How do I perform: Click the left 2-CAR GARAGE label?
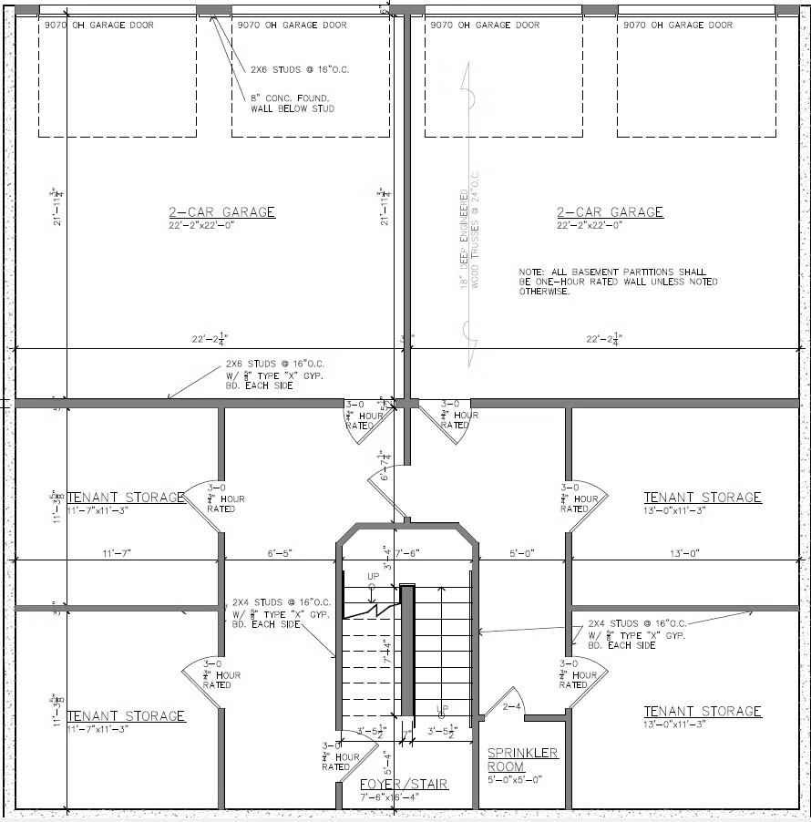(221, 212)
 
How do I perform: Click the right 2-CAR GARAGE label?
(610, 212)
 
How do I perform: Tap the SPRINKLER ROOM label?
(522, 759)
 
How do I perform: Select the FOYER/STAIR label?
(404, 784)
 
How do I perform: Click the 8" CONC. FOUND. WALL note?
(293, 103)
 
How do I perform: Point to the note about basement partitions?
(618, 282)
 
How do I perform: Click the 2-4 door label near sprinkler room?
(512, 705)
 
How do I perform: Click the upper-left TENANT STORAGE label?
(126, 498)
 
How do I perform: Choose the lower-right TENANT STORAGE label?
(703, 711)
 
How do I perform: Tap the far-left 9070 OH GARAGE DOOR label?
(99, 25)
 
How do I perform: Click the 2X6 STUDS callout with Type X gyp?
(274, 375)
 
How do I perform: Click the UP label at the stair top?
(373, 577)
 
